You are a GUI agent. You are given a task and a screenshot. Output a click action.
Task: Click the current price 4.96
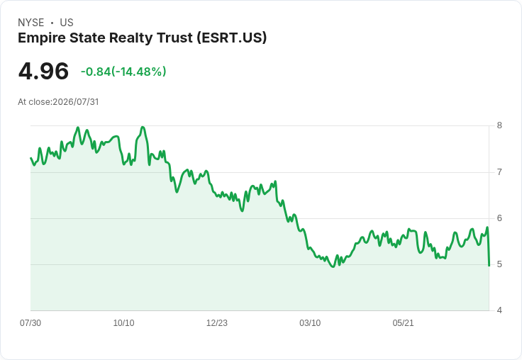pos(43,72)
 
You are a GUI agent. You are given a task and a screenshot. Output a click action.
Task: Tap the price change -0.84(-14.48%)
pos(123,72)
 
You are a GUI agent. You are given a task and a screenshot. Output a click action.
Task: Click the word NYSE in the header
pos(31,23)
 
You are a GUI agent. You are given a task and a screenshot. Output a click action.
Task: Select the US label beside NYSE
pos(67,23)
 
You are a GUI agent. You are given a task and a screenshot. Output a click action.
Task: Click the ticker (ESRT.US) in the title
pos(232,38)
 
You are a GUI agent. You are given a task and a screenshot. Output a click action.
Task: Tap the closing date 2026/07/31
pos(76,102)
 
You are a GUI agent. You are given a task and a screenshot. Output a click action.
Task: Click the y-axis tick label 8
pos(499,125)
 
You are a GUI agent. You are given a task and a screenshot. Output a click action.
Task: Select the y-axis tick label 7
pos(499,172)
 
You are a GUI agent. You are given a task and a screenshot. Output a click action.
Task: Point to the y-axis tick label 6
pos(499,218)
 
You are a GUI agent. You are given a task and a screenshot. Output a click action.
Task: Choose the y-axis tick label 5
pos(499,264)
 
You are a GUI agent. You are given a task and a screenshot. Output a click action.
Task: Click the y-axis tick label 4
pos(499,310)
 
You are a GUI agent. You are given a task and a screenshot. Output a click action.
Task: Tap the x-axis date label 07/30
pos(30,323)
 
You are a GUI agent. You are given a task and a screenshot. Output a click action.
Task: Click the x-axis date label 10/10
pos(124,323)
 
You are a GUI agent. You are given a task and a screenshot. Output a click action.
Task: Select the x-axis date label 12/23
pos(217,323)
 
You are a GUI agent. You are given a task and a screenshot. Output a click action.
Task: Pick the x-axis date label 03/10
pos(310,323)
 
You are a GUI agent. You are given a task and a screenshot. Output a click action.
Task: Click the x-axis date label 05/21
pos(403,323)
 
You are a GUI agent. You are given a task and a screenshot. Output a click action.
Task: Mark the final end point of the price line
pos(489,266)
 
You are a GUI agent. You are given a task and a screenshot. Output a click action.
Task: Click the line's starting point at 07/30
pos(31,158)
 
